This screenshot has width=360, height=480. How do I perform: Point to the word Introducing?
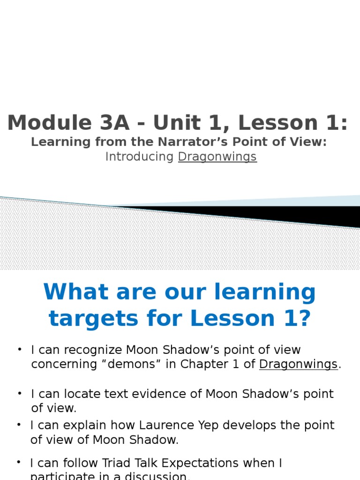tap(139, 157)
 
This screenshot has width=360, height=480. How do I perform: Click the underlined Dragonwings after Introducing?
tap(217, 157)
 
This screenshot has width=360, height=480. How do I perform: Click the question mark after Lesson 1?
tap(304, 319)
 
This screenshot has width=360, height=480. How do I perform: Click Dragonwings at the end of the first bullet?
tap(298, 364)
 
